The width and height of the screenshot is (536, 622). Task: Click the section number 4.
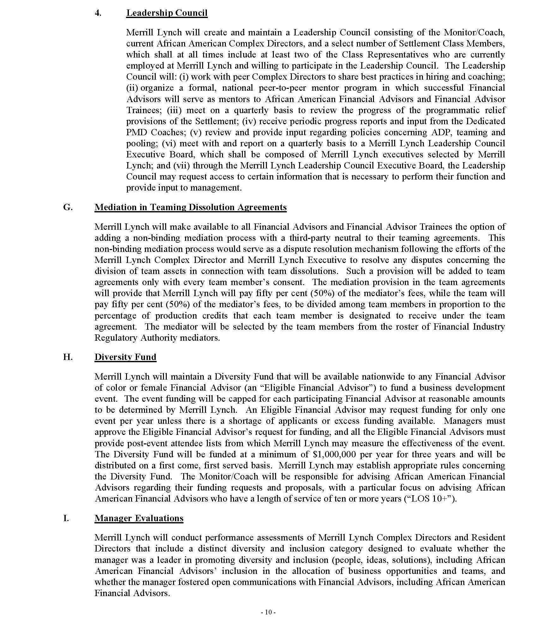point(98,13)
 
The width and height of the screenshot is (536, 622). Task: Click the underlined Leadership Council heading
point(167,13)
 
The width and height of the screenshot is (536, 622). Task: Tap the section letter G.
point(68,207)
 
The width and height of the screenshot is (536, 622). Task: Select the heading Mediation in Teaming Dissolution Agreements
point(190,207)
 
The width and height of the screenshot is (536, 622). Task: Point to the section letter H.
point(68,357)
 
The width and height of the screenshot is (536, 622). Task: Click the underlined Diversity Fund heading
point(125,357)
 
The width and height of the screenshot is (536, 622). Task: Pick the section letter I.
point(66,518)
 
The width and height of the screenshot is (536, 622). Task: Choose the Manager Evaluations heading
point(139,518)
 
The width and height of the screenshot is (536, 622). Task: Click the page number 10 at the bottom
point(268,612)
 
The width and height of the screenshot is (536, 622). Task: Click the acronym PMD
point(136,132)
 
